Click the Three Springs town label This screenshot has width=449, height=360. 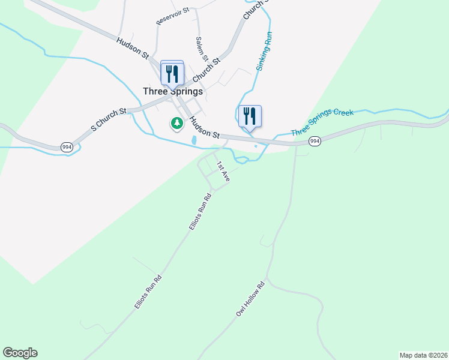pyautogui.click(x=173, y=91)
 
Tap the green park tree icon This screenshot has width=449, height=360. pyautogui.click(x=176, y=124)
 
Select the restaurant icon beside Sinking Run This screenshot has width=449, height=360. pyautogui.click(x=250, y=116)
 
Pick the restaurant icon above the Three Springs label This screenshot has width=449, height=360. pyautogui.click(x=172, y=74)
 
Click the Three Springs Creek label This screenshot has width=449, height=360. pyautogui.click(x=322, y=122)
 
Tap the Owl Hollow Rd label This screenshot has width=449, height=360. pyautogui.click(x=250, y=299)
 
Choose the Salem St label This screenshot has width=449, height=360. pyautogui.click(x=202, y=49)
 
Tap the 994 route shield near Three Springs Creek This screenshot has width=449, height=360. pyautogui.click(x=314, y=141)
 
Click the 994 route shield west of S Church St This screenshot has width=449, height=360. pyautogui.click(x=67, y=147)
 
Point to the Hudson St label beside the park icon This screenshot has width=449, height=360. pyautogui.click(x=205, y=128)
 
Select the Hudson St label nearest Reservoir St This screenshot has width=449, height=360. pyautogui.click(x=133, y=48)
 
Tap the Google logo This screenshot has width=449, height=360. pyautogui.click(x=20, y=353)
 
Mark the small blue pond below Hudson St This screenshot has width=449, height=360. pyautogui.click(x=193, y=140)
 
